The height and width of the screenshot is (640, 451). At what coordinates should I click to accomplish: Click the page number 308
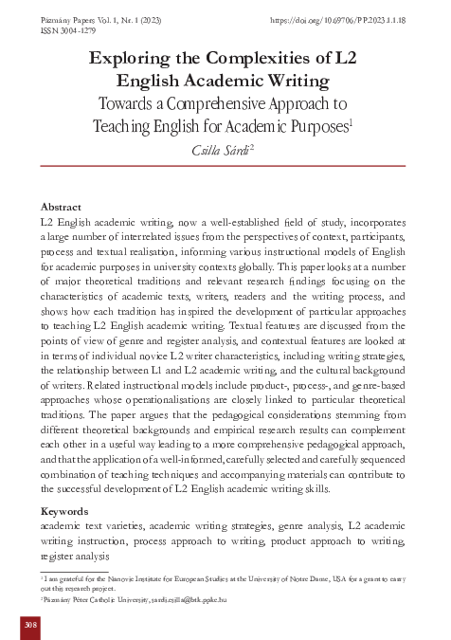tap(30, 626)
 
